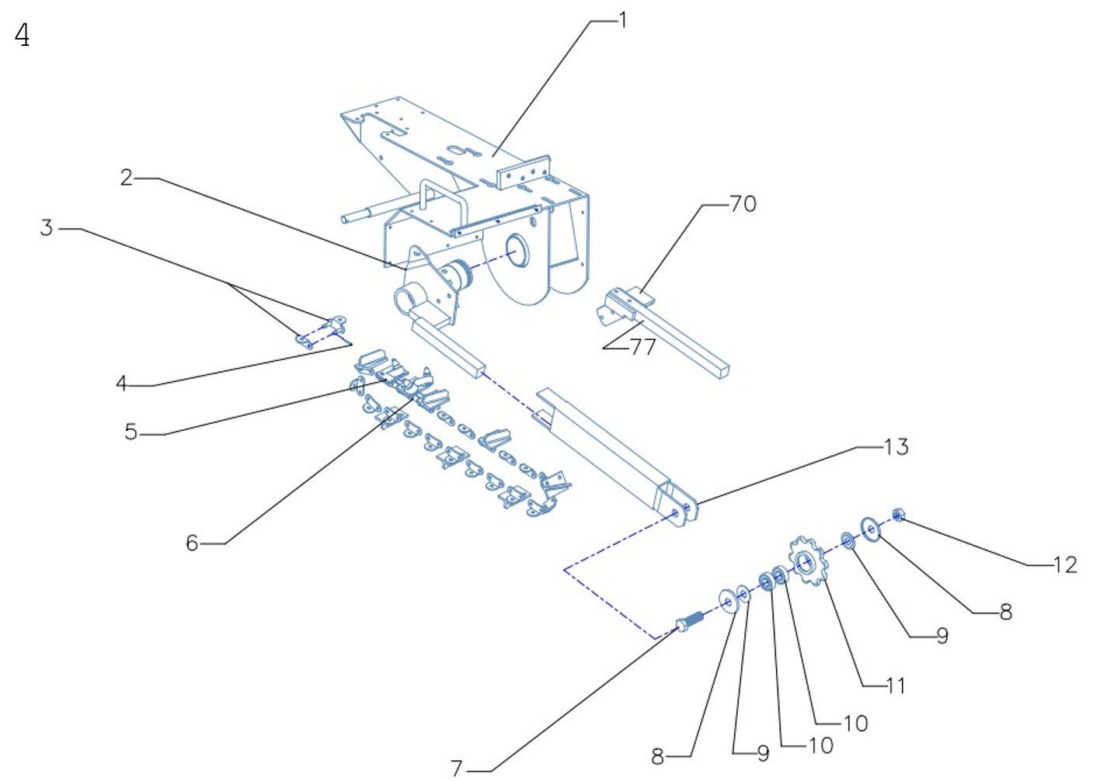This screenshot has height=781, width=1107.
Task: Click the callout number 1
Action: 621,21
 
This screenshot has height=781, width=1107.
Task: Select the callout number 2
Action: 126,178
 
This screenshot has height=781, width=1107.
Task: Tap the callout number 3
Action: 47,228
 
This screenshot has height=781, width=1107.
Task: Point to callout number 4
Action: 121,384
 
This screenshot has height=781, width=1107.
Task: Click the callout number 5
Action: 131,432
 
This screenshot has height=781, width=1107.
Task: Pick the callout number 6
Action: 192,543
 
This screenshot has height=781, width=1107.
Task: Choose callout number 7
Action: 457,769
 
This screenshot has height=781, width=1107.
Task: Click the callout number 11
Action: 896,686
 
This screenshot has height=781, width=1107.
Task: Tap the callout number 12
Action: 1065,564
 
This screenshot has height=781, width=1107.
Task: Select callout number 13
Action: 896,446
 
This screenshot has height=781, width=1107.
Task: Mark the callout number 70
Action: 743,204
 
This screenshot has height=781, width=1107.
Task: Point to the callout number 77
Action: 642,347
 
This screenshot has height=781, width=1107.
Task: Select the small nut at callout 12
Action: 899,514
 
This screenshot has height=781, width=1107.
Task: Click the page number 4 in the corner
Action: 23,36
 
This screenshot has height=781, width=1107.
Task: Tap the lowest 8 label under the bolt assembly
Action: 658,755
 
